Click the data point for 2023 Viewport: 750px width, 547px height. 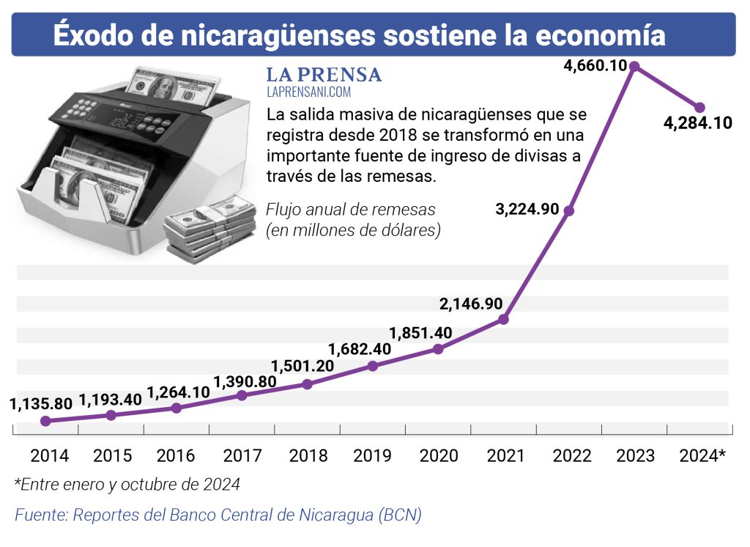click(635, 66)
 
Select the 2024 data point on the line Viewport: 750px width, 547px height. click(699, 107)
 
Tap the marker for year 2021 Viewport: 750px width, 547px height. click(504, 319)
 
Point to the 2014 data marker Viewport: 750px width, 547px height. click(45, 421)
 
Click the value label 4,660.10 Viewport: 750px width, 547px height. click(595, 65)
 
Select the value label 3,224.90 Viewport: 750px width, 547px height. click(527, 209)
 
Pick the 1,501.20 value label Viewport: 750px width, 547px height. click(302, 366)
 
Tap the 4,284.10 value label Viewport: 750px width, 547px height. click(697, 123)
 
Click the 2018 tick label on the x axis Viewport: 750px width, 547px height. click(308, 455)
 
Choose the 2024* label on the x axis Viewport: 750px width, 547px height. click(702, 455)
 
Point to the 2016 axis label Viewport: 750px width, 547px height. click(176, 455)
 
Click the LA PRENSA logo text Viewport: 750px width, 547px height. click(324, 76)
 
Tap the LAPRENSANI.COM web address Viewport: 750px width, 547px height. click(308, 92)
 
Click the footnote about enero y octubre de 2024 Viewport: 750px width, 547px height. click(127, 485)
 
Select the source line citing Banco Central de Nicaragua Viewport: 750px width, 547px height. click(218, 515)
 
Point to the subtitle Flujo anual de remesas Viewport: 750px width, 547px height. click(350, 210)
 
